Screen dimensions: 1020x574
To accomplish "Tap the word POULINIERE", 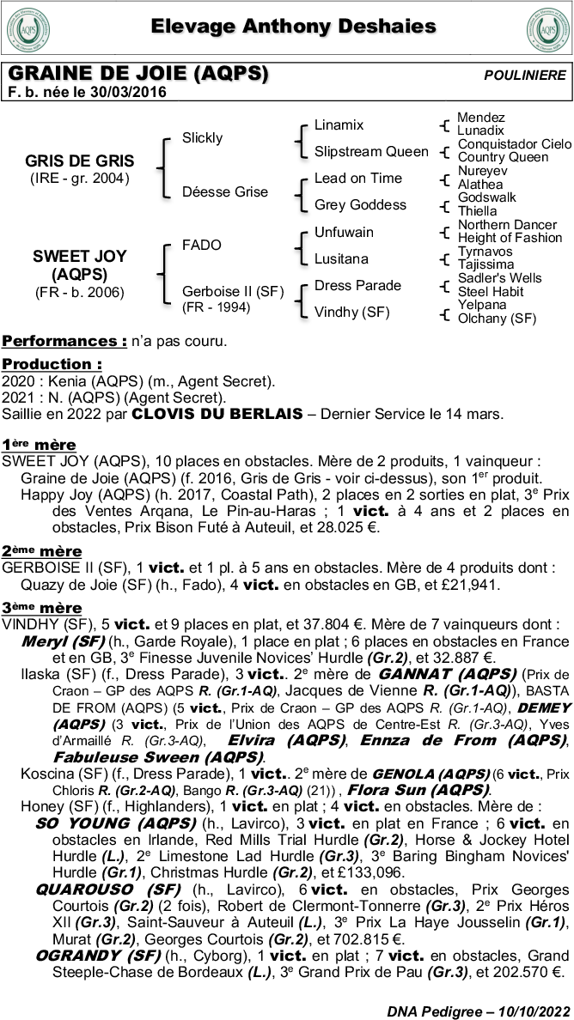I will click(525, 76).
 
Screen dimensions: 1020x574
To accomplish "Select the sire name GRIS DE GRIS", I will click(80, 161).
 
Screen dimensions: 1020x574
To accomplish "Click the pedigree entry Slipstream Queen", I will click(371, 151).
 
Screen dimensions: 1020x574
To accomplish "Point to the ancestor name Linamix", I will click(339, 124).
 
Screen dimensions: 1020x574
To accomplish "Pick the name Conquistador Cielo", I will click(514, 143).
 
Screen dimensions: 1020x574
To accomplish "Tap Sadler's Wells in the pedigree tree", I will click(499, 278).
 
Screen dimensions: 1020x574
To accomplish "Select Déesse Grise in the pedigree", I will click(225, 191).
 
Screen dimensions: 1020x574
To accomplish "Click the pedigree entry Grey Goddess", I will click(360, 204).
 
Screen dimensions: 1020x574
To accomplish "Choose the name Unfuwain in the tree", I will click(344, 232).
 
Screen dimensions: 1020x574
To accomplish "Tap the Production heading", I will click(52, 364).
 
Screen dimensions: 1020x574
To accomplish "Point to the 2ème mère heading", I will click(42, 550).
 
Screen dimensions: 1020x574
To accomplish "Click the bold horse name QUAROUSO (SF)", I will click(108, 888).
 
